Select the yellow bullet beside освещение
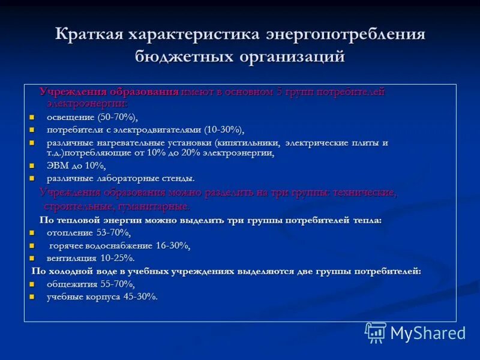[x=32, y=117]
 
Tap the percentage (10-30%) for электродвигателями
[x=224, y=130]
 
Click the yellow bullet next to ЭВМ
[x=32, y=166]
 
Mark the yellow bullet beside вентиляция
[x=32, y=258]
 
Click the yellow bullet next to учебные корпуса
[x=32, y=296]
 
